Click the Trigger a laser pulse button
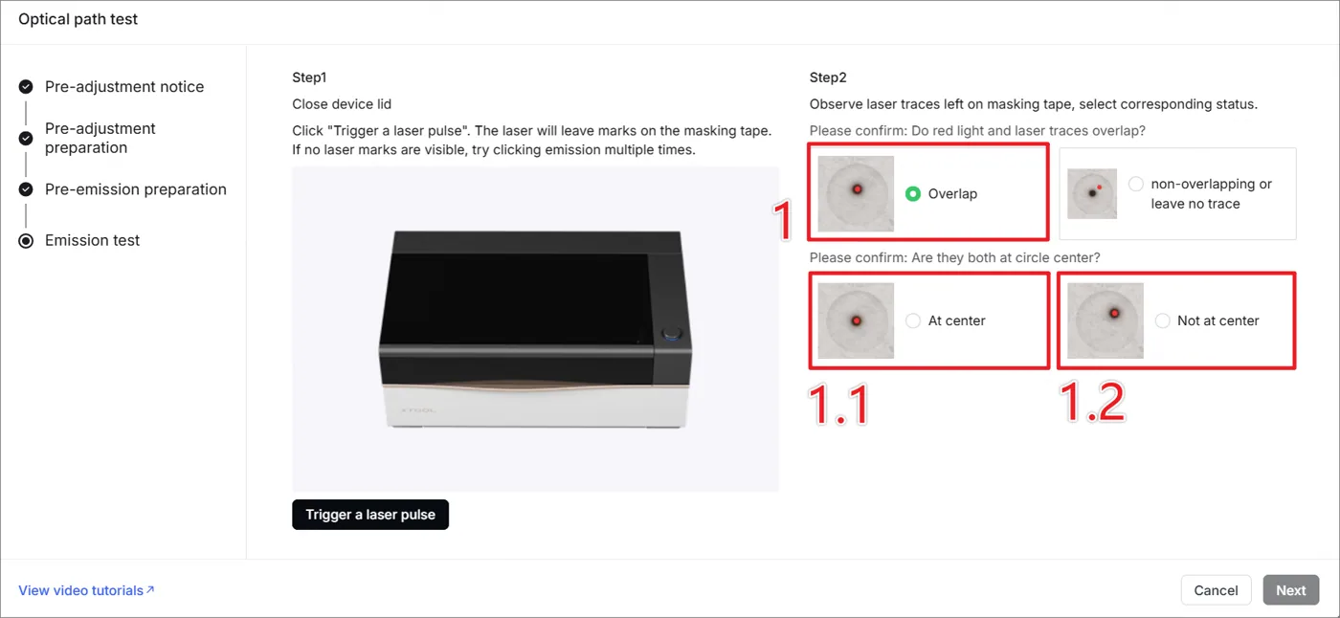click(370, 515)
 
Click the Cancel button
click(1216, 590)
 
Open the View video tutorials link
click(86, 590)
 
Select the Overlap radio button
click(913, 193)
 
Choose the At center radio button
click(913, 320)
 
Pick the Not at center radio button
click(1162, 320)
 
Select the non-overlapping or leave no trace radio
click(1135, 184)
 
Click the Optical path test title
click(78, 19)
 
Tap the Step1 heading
click(309, 77)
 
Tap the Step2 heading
click(828, 77)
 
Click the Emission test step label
click(92, 240)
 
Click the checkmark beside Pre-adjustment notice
click(26, 87)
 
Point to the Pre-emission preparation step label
click(136, 189)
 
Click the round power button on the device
click(671, 334)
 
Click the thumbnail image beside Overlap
click(856, 193)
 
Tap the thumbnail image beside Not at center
click(1105, 320)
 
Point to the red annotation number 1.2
click(1092, 403)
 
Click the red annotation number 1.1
click(838, 405)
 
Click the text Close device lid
click(342, 104)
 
